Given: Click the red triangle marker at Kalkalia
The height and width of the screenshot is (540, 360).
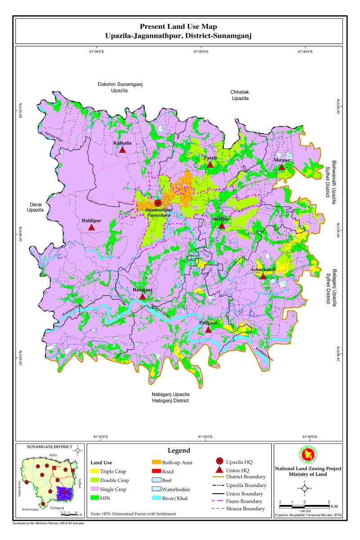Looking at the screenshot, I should pyautogui.click(x=122, y=150).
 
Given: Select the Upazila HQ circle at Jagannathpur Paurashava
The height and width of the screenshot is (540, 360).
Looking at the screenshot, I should pyautogui.click(x=158, y=203).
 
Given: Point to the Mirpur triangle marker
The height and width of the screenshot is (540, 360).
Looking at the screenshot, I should pyautogui.click(x=282, y=167).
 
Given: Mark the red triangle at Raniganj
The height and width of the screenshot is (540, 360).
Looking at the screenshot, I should pyautogui.click(x=143, y=297).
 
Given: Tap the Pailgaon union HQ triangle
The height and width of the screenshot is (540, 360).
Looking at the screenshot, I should pyautogui.click(x=208, y=330).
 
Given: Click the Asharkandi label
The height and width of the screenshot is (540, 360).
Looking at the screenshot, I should pyautogui.click(x=263, y=270).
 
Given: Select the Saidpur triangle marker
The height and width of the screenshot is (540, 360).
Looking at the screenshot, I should pyautogui.click(x=222, y=226).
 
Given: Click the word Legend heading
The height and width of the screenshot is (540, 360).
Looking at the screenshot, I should pyautogui.click(x=179, y=450).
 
